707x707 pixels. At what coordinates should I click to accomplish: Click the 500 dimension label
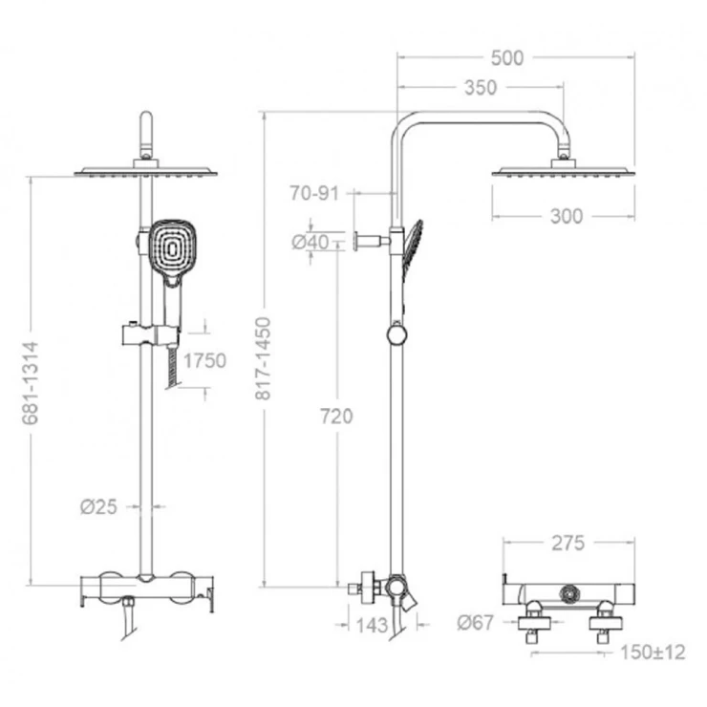pos(507,58)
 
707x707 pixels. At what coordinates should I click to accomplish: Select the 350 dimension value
pos(481,88)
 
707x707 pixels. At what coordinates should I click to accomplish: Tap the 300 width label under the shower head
pos(567,217)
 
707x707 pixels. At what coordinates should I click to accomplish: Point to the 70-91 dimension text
pos(314,193)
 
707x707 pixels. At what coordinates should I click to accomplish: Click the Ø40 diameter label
pos(311,242)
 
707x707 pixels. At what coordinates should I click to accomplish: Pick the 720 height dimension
pos(336,417)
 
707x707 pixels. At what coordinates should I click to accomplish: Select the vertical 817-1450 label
pos(263,358)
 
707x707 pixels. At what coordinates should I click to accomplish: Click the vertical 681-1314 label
pos(31,383)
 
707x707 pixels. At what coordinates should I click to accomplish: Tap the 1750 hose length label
pos(204,361)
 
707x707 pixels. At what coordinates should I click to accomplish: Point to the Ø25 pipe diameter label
pos(98,506)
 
